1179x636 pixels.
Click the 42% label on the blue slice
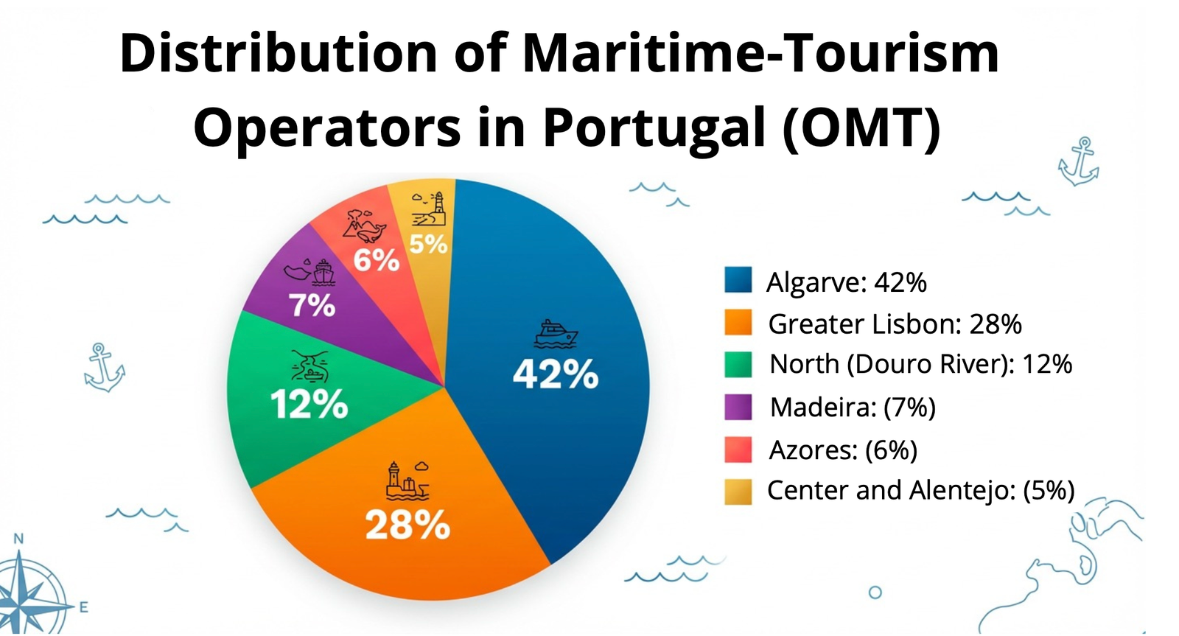click(556, 374)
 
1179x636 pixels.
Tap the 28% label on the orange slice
click(407, 525)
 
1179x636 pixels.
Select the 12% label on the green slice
click(309, 405)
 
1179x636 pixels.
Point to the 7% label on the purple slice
click(312, 305)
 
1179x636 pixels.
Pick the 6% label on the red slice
click(376, 260)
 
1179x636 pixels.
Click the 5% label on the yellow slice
click(428, 244)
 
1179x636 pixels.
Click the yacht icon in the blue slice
click(556, 334)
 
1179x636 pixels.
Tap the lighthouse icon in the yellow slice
click(430, 209)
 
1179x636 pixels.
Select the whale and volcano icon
click(365, 226)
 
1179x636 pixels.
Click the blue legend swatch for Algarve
click(738, 281)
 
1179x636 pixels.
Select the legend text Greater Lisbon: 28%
click(895, 324)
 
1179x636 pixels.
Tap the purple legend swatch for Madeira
click(738, 407)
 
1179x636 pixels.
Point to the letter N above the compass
click(19, 539)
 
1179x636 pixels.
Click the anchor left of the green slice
click(103, 367)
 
